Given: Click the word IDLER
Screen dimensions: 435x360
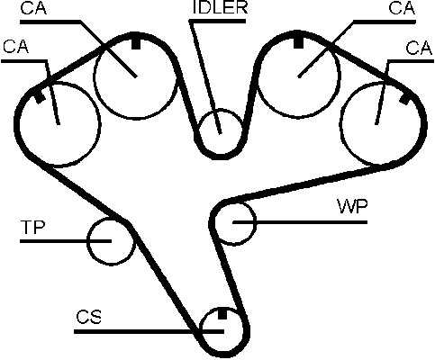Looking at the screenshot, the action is pyautogui.click(x=220, y=7).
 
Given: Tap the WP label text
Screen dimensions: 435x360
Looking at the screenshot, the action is pyautogui.click(x=352, y=206).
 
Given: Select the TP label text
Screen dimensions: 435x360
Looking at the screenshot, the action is pyautogui.click(x=32, y=227).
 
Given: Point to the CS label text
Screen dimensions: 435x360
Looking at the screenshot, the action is pyautogui.click(x=89, y=317).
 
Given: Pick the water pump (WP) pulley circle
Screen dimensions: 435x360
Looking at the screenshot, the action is pyautogui.click(x=256, y=223).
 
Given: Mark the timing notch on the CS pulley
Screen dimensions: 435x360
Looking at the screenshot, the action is pyautogui.click(x=222, y=313).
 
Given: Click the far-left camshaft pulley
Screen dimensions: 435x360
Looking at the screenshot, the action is pyautogui.click(x=100, y=124).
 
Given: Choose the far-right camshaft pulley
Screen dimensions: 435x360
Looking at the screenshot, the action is pyautogui.click(x=340, y=123).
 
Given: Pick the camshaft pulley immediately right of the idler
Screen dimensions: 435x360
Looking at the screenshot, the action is pyautogui.click(x=340, y=75).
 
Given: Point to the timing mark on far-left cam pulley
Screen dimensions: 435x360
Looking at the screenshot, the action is pyautogui.click(x=40, y=97).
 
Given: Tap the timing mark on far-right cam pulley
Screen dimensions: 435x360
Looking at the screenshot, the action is pyautogui.click(x=404, y=98).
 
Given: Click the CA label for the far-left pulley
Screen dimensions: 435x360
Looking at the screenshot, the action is pyautogui.click(x=15, y=47).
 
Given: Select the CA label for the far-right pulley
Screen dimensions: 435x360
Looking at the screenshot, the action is pyautogui.click(x=419, y=48).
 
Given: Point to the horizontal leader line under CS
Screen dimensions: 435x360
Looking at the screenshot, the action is pyautogui.click(x=149, y=331).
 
